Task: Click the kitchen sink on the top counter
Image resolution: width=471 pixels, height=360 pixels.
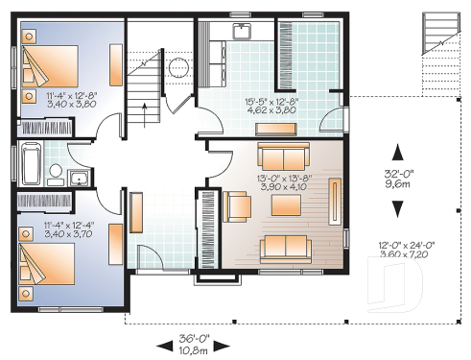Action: (242, 32)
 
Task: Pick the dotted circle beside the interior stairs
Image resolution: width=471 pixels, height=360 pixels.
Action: (177, 67)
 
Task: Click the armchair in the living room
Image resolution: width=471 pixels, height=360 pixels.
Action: (236, 206)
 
